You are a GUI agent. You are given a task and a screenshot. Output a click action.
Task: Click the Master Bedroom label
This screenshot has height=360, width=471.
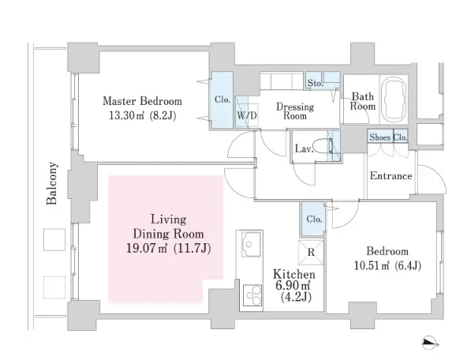pos(142,101)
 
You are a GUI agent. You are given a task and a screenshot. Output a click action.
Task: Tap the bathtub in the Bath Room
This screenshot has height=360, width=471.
pos(394,99)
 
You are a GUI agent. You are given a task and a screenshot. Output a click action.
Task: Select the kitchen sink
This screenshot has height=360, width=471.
pos(251,244)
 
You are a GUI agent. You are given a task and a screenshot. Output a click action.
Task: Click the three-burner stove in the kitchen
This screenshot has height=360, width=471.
pos(252,295)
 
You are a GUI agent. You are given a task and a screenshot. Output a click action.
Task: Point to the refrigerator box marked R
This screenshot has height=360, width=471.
pos(311,252)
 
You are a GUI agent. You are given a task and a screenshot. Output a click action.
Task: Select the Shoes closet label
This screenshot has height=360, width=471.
pos(379,137)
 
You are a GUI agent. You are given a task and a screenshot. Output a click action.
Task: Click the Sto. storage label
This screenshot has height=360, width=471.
pos(315,83)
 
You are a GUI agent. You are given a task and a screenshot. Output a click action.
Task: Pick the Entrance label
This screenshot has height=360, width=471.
pos(391,175)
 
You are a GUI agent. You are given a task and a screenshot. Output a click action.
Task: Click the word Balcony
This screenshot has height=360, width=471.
pos(51,183)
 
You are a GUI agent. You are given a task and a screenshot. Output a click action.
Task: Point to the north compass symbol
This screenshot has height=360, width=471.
pos(430,343)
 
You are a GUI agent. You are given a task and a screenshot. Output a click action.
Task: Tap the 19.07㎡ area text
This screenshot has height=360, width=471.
pos(147,248)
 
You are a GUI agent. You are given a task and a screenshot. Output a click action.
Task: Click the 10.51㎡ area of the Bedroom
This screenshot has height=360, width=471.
pos(372,265)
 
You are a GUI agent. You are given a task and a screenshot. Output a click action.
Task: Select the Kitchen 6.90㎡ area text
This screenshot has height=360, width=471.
pos(293,284)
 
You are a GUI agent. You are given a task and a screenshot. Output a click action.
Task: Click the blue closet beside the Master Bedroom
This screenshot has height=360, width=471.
pos(222,100)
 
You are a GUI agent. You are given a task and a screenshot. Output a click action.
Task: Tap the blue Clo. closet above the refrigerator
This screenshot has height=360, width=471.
pos(313,219)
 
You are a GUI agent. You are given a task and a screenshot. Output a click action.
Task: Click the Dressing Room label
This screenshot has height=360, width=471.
pos(295,111)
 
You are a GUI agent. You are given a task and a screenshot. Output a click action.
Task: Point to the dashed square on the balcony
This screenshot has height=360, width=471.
pos(54,287)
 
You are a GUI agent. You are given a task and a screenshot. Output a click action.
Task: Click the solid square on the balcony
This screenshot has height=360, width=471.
pos(54,239)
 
